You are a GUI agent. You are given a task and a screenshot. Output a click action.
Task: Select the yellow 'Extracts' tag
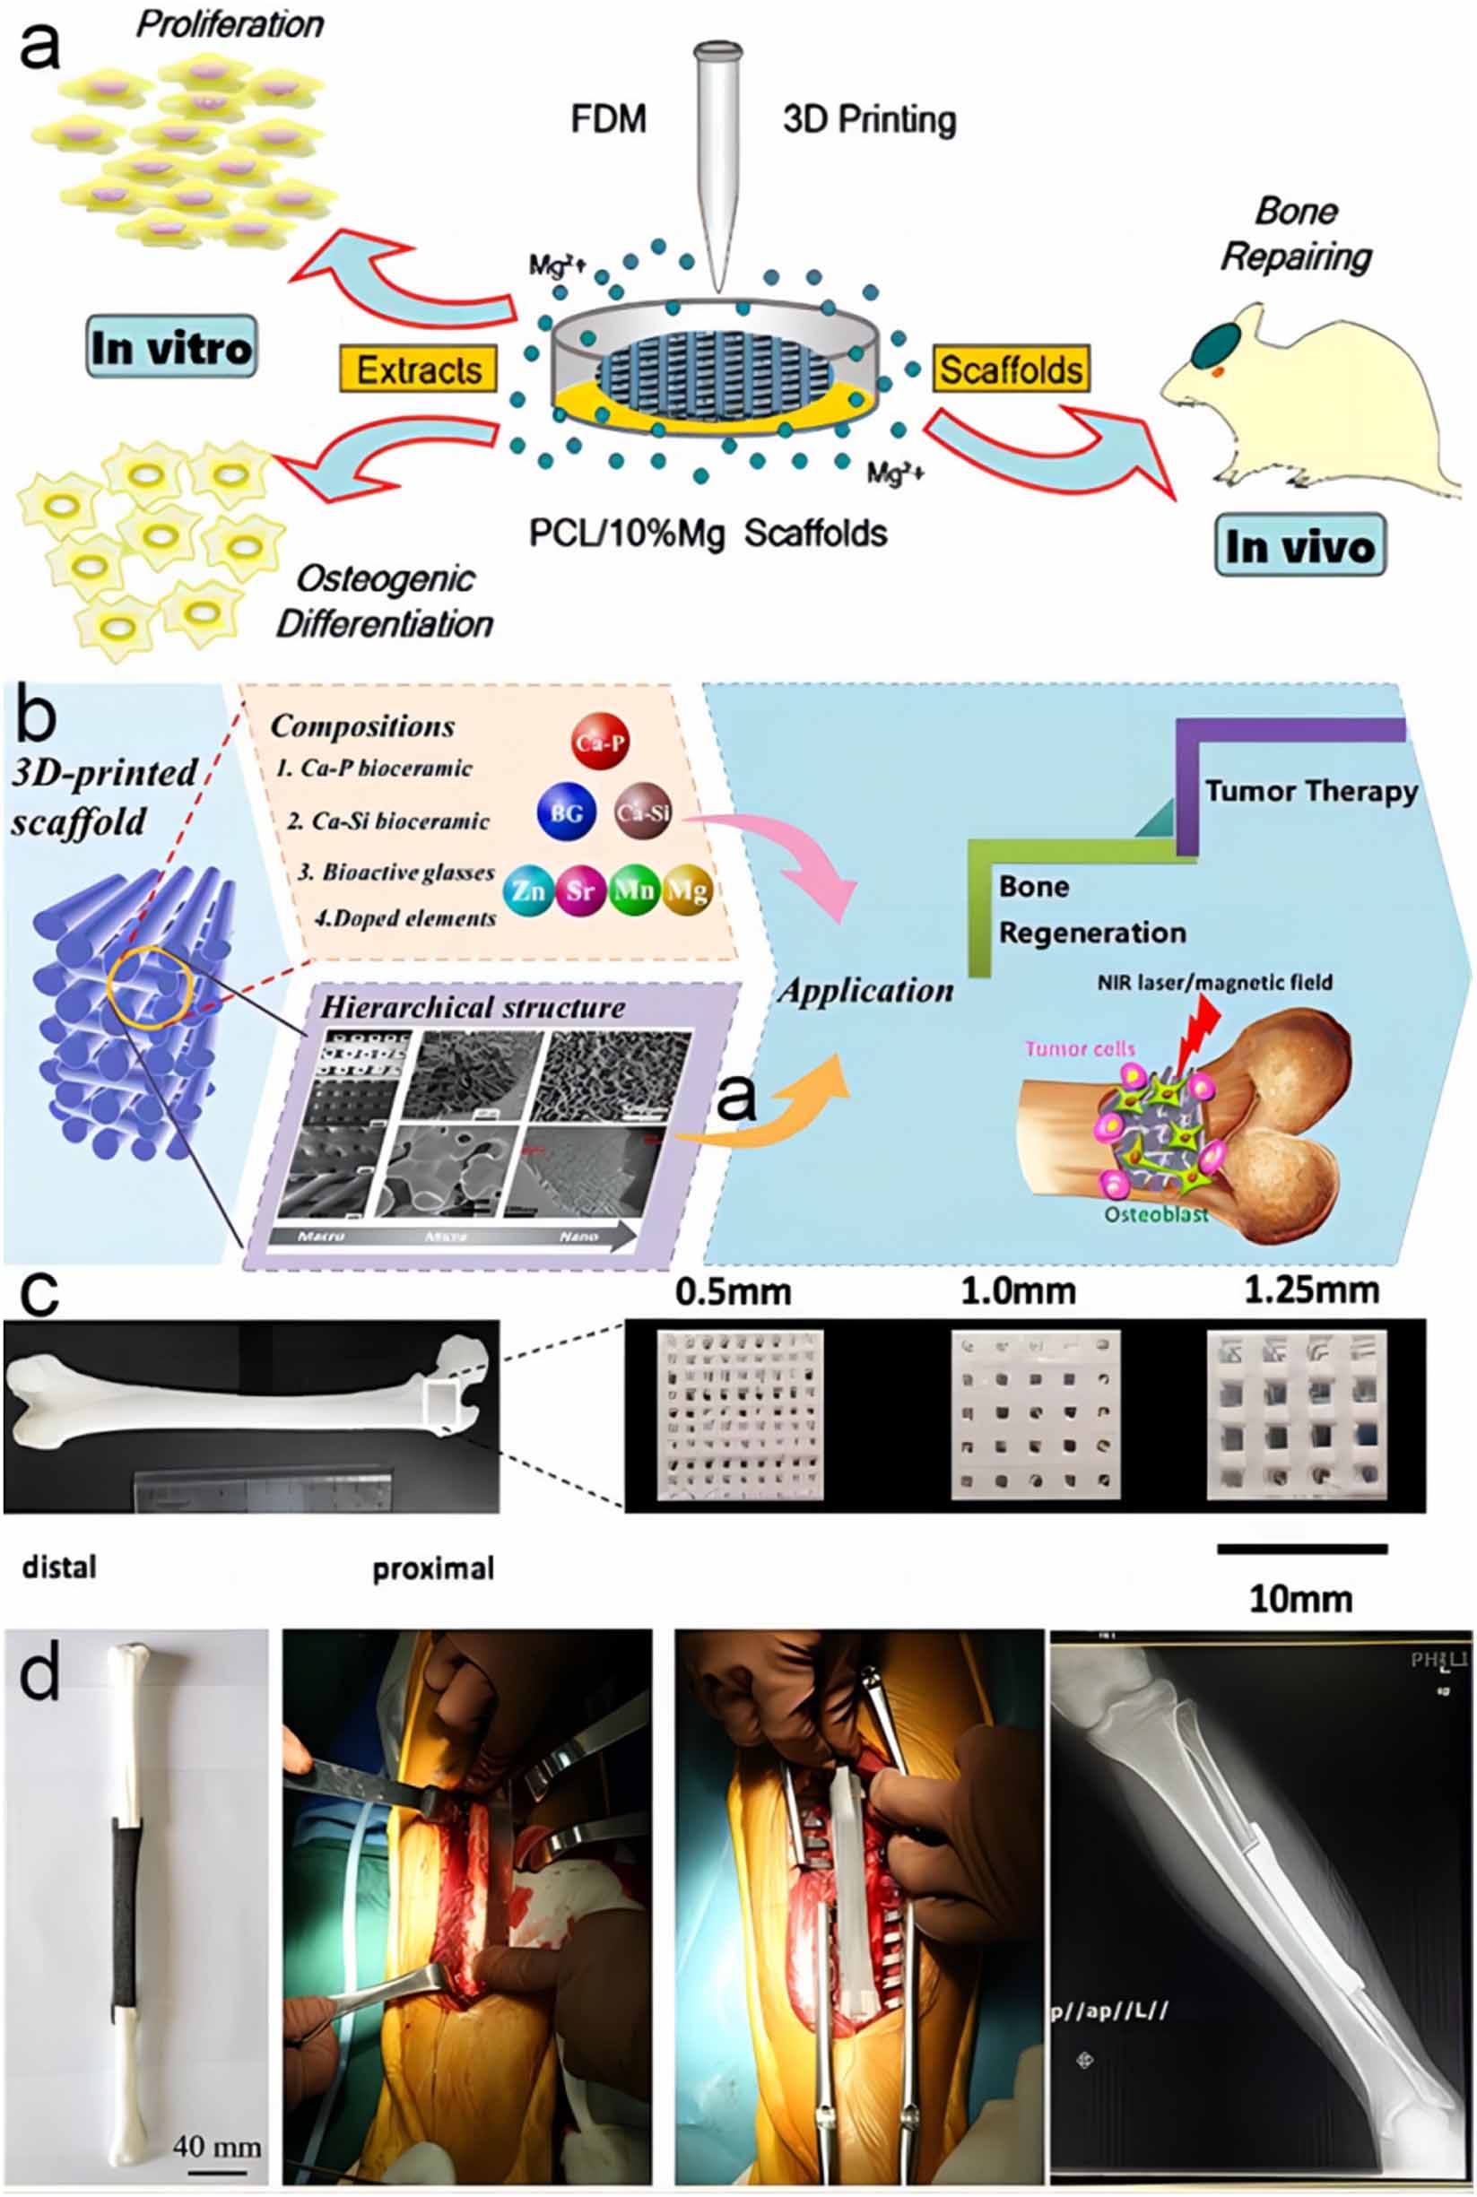(418, 370)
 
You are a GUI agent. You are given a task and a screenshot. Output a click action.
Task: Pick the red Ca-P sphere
(601, 742)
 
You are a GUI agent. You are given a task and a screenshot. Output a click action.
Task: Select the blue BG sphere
(566, 812)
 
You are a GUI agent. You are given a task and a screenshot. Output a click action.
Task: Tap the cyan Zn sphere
(529, 889)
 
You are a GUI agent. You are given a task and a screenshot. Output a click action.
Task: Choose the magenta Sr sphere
(580, 889)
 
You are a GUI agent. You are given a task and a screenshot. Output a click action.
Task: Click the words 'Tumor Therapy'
(1311, 790)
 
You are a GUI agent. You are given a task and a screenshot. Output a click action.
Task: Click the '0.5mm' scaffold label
(733, 1292)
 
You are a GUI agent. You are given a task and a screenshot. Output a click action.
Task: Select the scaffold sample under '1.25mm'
(1297, 1413)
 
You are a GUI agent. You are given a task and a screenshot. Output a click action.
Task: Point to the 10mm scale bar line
(1302, 1547)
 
